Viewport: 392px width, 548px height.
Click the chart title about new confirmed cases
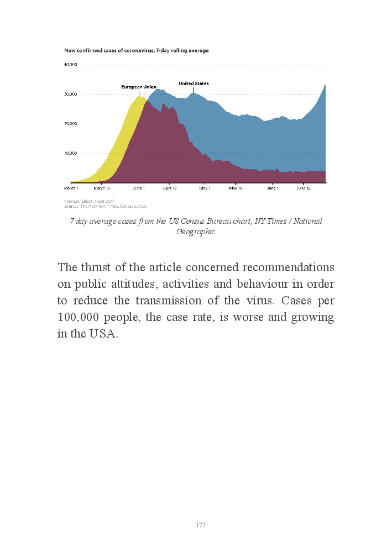[x=137, y=50]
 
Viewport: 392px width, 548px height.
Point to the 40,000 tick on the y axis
[x=70, y=65]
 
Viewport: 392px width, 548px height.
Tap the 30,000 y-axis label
[x=70, y=94]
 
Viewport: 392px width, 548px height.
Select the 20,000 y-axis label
[x=70, y=124]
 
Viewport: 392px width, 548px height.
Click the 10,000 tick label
[x=70, y=153]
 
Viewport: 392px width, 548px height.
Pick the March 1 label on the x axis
[x=71, y=188]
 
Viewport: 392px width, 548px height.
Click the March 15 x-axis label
[x=102, y=188]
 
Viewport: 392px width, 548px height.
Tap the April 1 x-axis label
[x=138, y=188]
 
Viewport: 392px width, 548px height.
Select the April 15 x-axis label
[x=170, y=188]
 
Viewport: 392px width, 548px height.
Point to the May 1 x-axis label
[x=205, y=188]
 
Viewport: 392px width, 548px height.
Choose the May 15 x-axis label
[x=235, y=188]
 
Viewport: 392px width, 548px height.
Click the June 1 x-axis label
[x=273, y=188]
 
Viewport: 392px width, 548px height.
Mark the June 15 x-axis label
[x=304, y=188]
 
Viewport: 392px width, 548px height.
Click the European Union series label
[x=139, y=87]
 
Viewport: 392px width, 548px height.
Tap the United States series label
[x=194, y=83]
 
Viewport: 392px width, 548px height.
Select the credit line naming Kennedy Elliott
[x=89, y=201]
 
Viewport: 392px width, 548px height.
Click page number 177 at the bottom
[x=201, y=525]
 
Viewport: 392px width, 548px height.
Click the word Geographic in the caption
[x=196, y=231]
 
